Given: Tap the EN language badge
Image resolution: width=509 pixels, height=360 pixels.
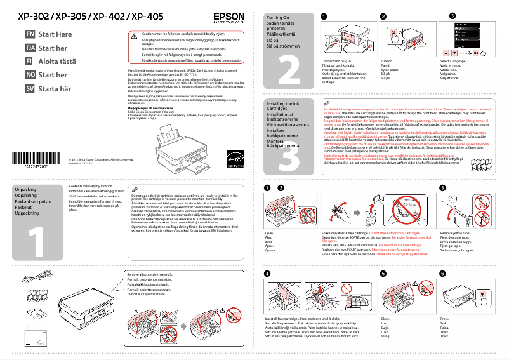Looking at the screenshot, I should (x=30, y=34).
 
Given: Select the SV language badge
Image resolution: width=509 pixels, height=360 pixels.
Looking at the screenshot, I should (x=30, y=89).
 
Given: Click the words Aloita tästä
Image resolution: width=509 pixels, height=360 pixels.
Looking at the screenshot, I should (x=57, y=62).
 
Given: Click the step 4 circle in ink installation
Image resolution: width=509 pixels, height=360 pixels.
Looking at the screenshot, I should (x=267, y=273).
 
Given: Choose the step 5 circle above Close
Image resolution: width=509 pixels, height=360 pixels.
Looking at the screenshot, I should (x=383, y=273).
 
